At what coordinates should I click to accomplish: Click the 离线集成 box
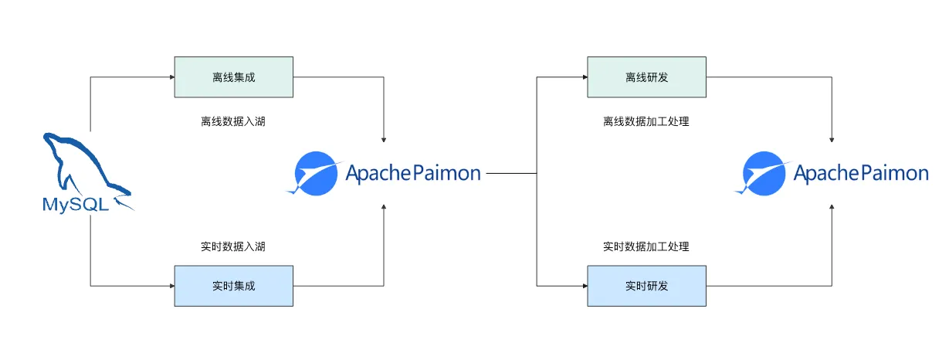tap(233, 76)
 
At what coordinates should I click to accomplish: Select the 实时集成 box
tap(233, 286)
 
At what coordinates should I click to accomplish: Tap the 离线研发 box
tap(646, 76)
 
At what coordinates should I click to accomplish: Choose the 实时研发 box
tap(646, 286)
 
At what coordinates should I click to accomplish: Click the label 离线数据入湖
tap(233, 121)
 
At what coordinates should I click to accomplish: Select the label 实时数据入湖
tap(233, 246)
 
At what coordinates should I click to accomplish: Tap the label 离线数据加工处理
tap(646, 121)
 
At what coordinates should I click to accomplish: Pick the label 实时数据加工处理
tap(646, 246)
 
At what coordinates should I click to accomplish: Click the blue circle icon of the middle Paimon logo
tap(317, 173)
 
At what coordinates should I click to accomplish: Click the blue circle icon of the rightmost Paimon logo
tap(764, 173)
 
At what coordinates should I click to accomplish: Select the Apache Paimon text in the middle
tap(413, 173)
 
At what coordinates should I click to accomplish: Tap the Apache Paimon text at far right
tap(861, 173)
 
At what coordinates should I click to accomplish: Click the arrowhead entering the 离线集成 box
tap(171, 76)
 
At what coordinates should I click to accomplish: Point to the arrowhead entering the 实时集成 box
tap(171, 286)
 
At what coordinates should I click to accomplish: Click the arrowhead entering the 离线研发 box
tap(584, 76)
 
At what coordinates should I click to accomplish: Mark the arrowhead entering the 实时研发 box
tap(584, 286)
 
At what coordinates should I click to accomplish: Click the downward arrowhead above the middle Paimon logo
tap(384, 139)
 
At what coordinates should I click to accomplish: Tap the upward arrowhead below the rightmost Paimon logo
tap(832, 207)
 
